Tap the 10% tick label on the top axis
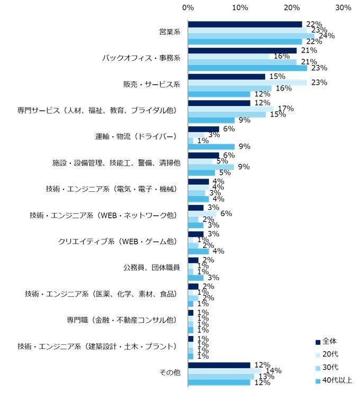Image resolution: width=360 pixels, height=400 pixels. click(240, 7)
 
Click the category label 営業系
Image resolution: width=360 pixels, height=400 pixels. click(170, 32)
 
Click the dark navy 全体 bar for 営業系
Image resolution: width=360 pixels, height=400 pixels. click(245, 24)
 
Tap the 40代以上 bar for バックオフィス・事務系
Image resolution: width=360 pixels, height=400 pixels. click(248, 68)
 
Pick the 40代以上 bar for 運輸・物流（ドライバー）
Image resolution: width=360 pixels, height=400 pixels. click(211, 146)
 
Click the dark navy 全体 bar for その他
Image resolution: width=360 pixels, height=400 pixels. click(219, 365)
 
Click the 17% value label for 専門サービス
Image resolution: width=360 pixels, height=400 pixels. click(286, 109)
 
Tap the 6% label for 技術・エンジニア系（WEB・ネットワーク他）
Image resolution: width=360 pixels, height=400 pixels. click(226, 214)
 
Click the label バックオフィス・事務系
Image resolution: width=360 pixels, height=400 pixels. click(141, 58)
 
